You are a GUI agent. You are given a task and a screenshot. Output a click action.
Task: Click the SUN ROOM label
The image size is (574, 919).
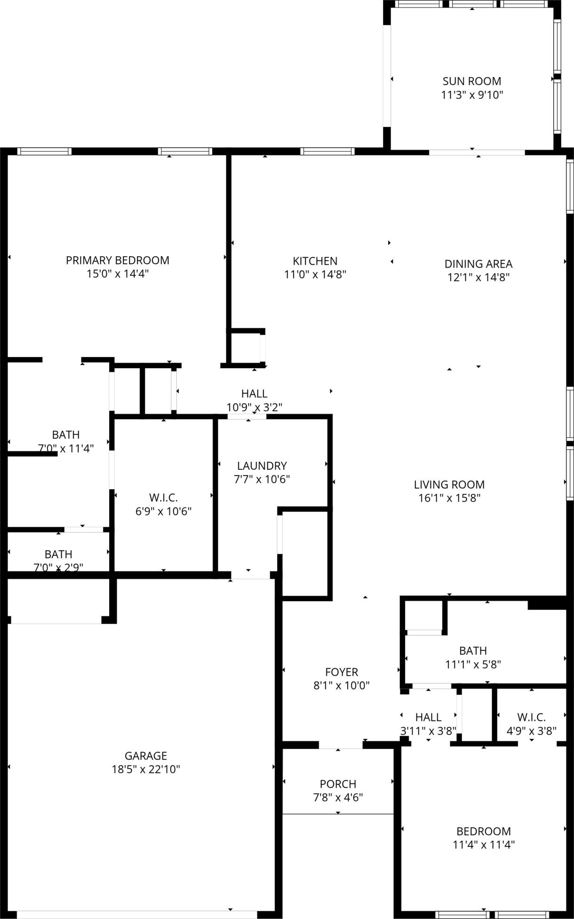(x=472, y=81)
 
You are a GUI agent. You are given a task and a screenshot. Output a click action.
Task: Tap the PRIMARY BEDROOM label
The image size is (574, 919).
(x=118, y=260)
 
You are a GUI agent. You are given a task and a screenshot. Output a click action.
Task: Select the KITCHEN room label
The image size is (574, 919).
(x=315, y=261)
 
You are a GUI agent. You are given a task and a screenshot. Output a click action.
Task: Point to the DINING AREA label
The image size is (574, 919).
(x=478, y=264)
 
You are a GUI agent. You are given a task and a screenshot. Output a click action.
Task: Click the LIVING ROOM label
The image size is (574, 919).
(x=449, y=484)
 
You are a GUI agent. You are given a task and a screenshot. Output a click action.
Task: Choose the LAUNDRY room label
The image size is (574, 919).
(x=262, y=466)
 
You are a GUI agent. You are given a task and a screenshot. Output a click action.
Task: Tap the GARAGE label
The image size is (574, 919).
(x=146, y=756)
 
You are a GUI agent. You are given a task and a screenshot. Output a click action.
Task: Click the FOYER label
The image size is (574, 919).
(x=342, y=672)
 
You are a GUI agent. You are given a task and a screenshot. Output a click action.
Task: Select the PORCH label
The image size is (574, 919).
(x=338, y=784)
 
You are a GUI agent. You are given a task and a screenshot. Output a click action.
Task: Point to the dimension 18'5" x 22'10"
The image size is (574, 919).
(x=146, y=769)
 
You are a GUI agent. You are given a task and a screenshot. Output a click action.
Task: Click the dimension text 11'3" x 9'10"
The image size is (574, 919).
(x=472, y=95)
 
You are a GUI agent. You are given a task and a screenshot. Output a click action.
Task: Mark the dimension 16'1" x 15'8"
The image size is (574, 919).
(x=449, y=498)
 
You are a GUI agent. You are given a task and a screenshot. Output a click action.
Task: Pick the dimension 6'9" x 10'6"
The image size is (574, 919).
(x=164, y=511)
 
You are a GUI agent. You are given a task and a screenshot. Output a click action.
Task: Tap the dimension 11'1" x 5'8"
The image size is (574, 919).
(x=473, y=664)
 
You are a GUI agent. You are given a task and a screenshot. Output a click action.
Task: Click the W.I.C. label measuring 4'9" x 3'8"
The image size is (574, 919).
(x=532, y=717)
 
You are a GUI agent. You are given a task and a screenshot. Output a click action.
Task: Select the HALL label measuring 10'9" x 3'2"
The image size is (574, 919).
(x=255, y=393)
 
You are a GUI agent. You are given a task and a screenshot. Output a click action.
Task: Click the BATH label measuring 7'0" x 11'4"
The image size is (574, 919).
(x=66, y=435)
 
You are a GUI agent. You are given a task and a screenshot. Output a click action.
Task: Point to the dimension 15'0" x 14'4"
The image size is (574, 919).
(x=118, y=274)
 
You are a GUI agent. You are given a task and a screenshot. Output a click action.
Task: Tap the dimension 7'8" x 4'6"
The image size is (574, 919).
(x=338, y=797)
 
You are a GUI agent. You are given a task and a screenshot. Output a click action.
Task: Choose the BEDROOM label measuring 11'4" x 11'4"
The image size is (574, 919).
(x=484, y=831)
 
